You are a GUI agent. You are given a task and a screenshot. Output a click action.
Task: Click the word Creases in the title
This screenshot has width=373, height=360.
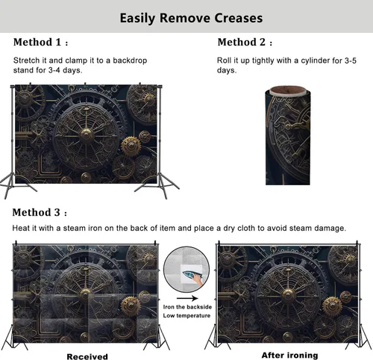click(x=238, y=18)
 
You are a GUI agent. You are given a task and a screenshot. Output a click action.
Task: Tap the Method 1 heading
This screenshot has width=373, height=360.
click(x=40, y=42)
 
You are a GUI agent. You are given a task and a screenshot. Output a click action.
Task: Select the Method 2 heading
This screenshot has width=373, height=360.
click(x=245, y=42)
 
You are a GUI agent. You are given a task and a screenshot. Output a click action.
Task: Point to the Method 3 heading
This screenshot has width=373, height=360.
click(x=40, y=212)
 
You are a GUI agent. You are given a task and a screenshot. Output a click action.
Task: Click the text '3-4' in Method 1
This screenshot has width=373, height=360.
click(x=54, y=70)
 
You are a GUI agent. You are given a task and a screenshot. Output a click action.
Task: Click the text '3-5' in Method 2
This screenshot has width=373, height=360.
click(x=351, y=60)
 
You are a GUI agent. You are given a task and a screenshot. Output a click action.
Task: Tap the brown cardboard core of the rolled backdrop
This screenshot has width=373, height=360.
click(x=288, y=90)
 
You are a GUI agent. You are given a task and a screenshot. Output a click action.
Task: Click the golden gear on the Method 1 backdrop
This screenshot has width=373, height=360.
click(x=131, y=146)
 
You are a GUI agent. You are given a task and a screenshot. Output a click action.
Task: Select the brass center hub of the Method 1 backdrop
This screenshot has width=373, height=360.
click(x=86, y=134)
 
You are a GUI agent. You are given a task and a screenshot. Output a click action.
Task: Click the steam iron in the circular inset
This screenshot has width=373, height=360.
click(x=193, y=276)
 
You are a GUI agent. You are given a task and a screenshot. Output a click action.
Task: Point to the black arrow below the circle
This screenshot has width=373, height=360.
click(x=187, y=298)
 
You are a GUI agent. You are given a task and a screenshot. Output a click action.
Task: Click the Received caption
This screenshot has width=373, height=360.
click(x=87, y=356)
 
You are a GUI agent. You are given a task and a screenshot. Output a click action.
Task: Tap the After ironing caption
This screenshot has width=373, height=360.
click(x=290, y=355)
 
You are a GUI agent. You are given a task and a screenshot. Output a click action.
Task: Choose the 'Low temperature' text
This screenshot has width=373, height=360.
click(x=186, y=316)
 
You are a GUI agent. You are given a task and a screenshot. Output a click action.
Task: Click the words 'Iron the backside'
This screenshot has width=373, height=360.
click(x=187, y=307)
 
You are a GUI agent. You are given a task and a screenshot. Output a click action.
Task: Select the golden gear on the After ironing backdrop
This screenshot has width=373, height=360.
click(x=332, y=307)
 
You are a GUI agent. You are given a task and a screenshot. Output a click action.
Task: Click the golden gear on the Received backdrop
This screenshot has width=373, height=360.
click(x=131, y=306)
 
